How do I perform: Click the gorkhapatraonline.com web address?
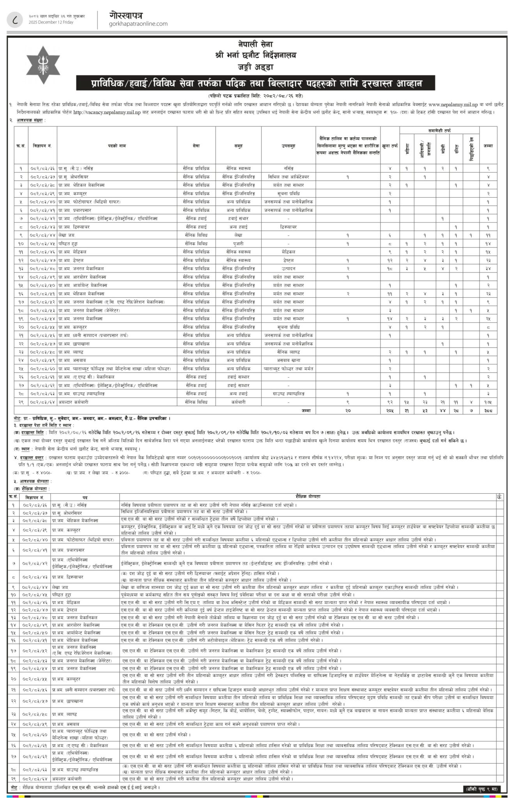(x=139, y=24)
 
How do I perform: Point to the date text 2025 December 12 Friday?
(x=51, y=22)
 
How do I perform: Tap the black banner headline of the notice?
(x=255, y=83)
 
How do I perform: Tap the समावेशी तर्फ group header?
(x=441, y=131)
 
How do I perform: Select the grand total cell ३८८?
(x=488, y=410)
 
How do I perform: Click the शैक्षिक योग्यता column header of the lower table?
(x=308, y=497)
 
